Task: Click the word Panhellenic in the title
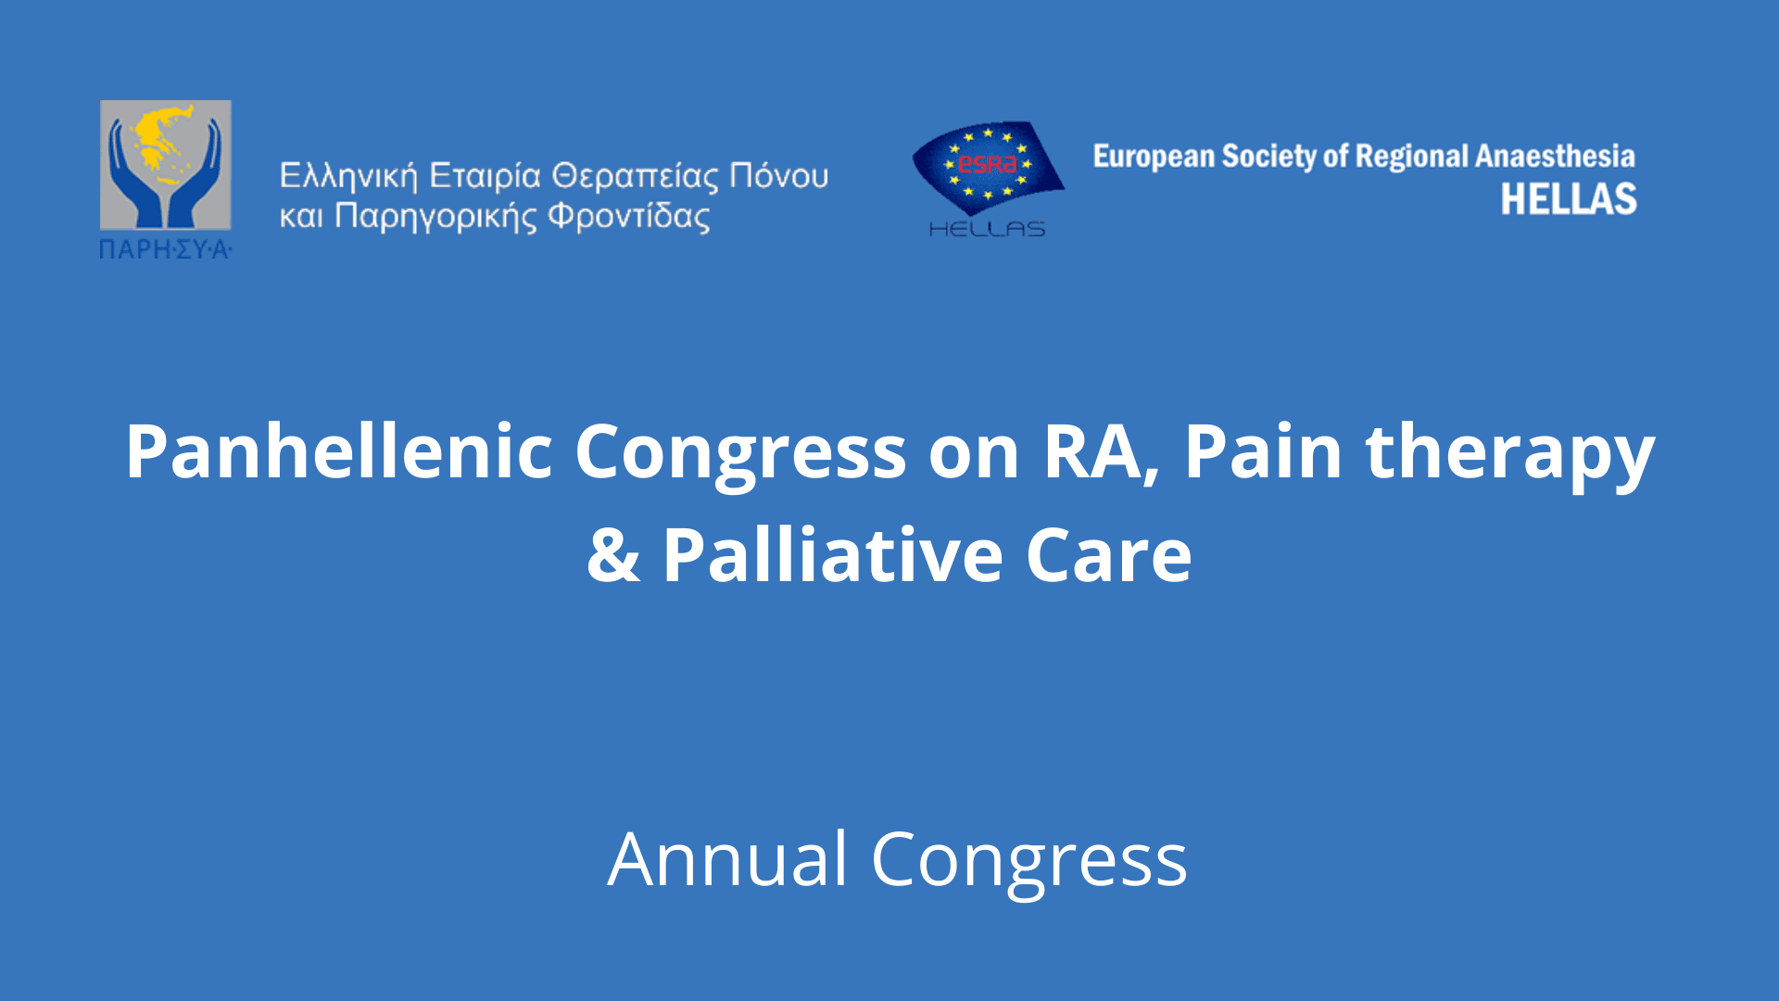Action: point(339,451)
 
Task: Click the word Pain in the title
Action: point(1263,451)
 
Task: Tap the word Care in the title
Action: point(1108,555)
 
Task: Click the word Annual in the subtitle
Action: point(727,859)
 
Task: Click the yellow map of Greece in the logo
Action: point(164,144)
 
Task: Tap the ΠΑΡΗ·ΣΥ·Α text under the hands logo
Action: point(165,248)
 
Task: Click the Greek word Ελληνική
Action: point(348,176)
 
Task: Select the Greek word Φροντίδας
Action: point(629,216)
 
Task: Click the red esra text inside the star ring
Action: point(988,164)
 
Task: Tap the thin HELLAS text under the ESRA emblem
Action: point(987,228)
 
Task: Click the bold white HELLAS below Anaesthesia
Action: point(1569,198)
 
